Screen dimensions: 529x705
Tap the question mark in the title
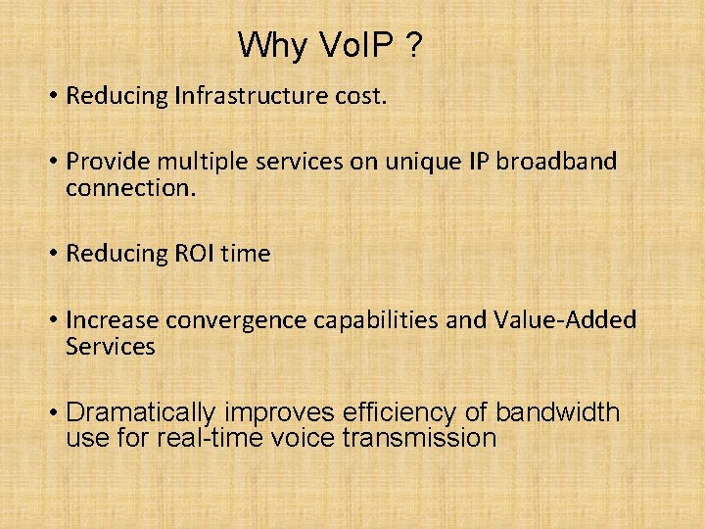pos(415,45)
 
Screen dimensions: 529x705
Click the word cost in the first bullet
pos(361,96)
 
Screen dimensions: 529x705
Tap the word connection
pos(130,187)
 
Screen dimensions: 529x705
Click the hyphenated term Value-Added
pos(566,320)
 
